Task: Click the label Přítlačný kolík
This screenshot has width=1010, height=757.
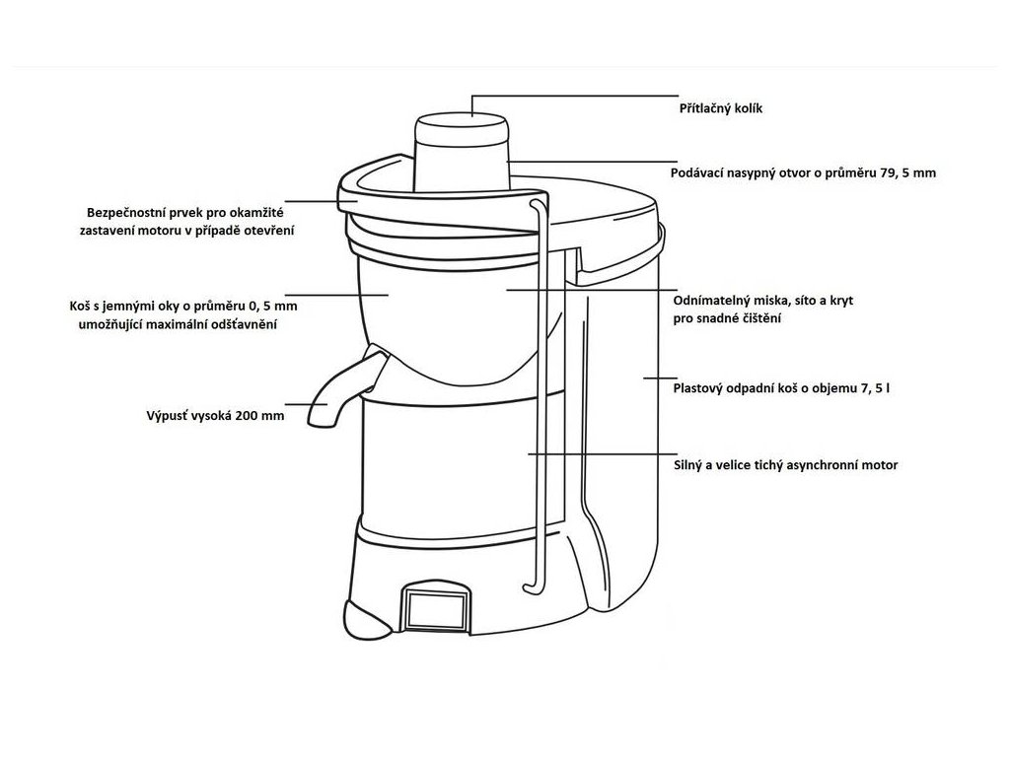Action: pos(720,109)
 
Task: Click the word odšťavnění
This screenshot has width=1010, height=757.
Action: pos(238,324)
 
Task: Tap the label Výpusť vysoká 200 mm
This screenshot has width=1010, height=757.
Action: pos(214,416)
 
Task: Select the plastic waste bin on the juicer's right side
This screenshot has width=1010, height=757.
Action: pos(621,414)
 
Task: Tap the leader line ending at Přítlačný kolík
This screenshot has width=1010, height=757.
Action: pos(572,97)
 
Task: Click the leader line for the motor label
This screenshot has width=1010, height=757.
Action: pos(592,454)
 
